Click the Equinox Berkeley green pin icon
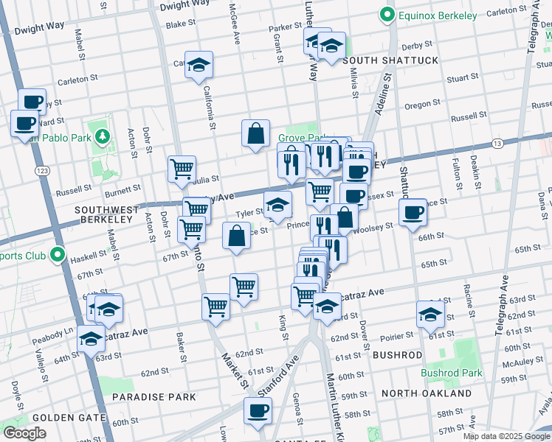[x=384, y=14]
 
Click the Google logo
[x=25, y=433]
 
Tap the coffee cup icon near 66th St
[x=413, y=212]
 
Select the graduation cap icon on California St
[x=199, y=65]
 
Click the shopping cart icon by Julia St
[x=182, y=169]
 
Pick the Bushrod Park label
[x=452, y=373]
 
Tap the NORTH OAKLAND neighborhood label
[x=427, y=393]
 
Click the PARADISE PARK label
[x=154, y=397]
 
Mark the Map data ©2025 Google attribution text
[x=506, y=436]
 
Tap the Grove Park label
[x=299, y=138]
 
